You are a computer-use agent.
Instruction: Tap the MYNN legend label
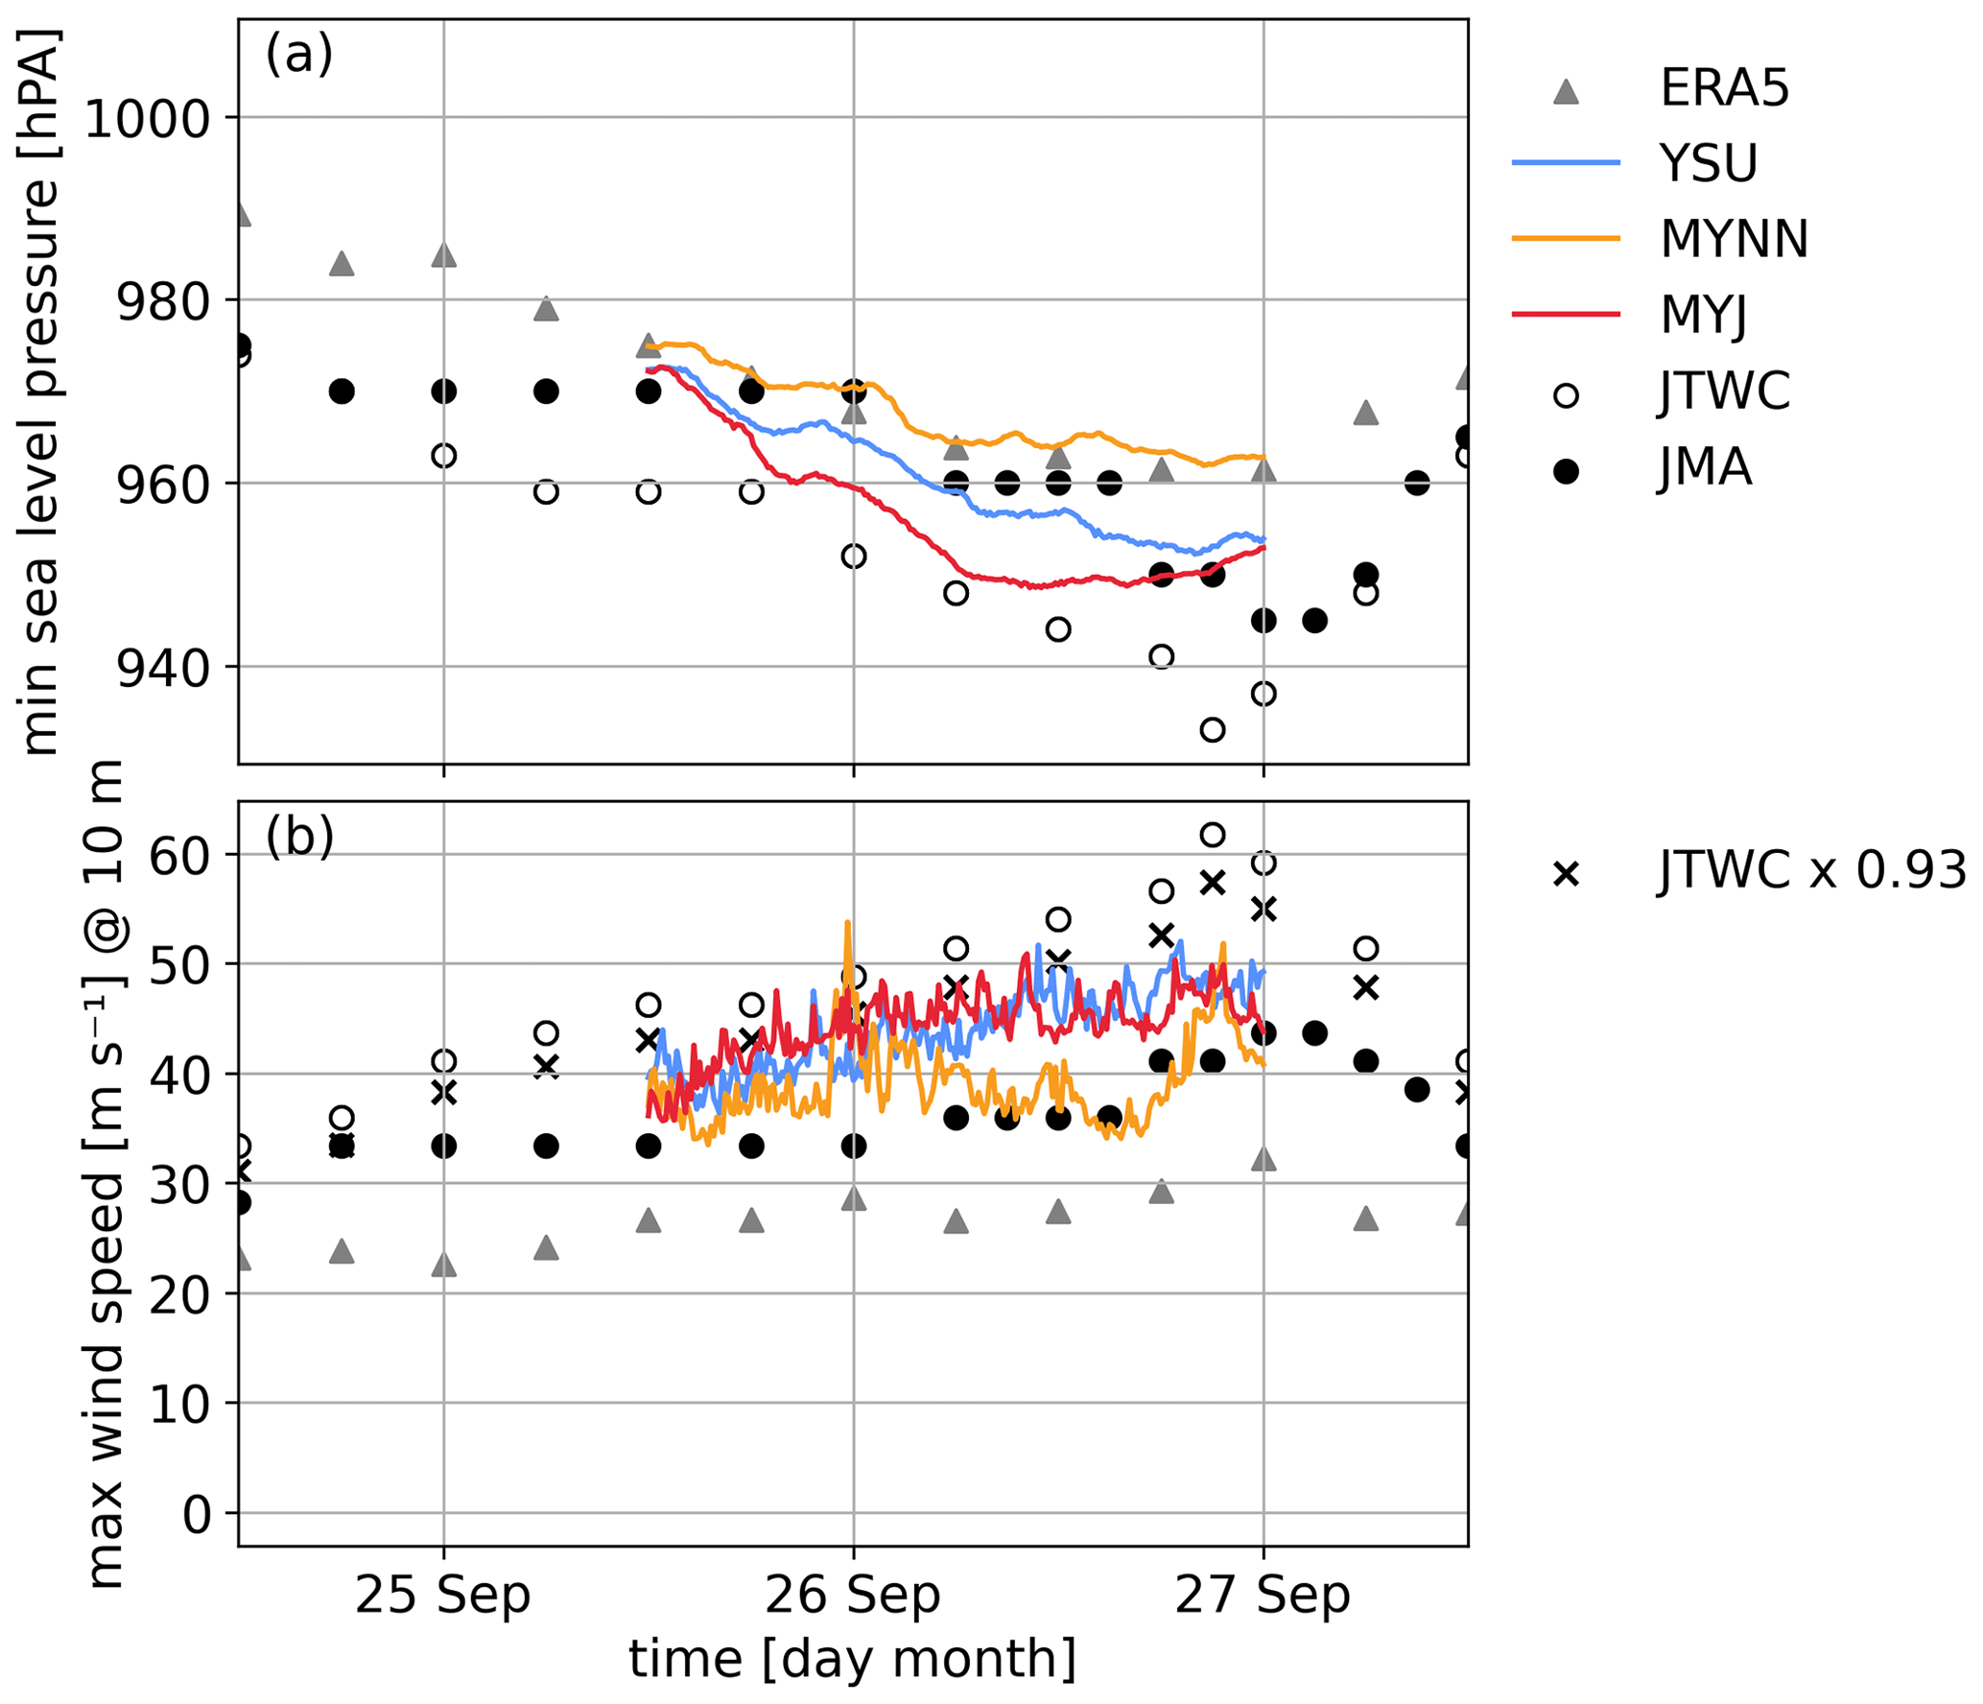(1733, 239)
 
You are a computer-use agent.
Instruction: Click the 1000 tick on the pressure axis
(147, 120)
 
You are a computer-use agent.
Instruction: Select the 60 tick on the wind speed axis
(179, 856)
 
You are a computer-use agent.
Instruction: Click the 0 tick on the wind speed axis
(197, 1515)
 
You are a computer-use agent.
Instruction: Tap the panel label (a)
(298, 55)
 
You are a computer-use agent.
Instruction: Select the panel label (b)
(299, 837)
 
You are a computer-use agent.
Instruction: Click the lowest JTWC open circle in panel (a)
(1212, 730)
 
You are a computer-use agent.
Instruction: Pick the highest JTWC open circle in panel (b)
(1212, 835)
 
